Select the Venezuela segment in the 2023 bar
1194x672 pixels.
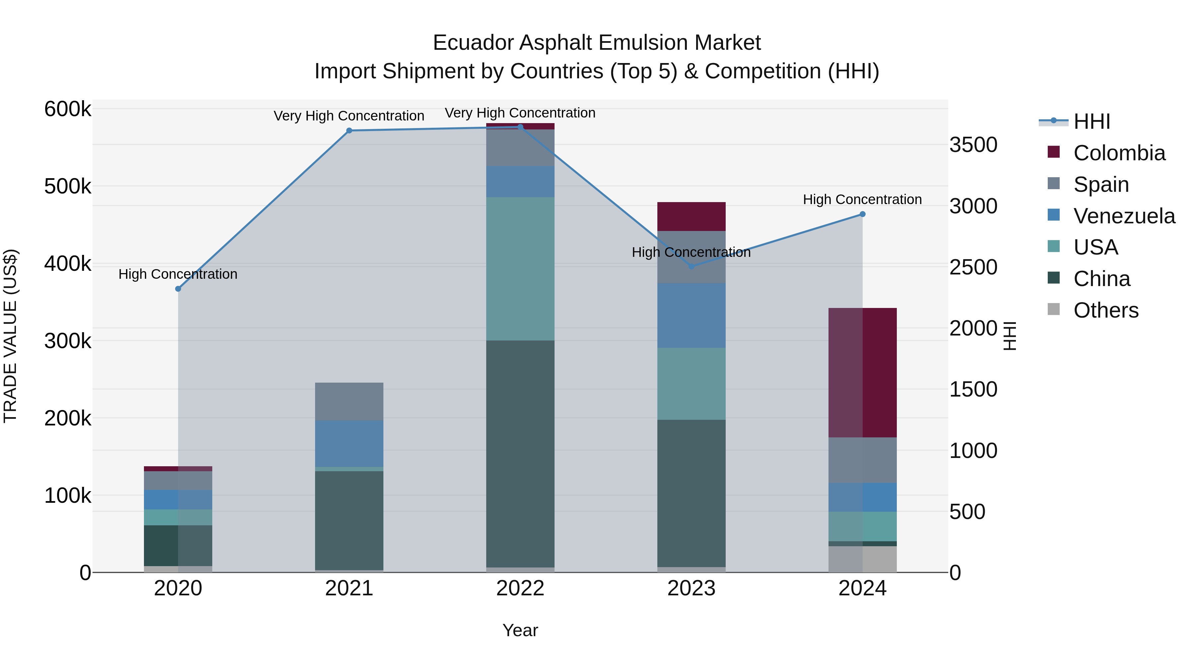(691, 315)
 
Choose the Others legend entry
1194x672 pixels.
(1105, 310)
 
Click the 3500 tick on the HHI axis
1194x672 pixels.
(973, 145)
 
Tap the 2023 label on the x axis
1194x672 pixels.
(691, 588)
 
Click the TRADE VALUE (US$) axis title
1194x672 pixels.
(10, 336)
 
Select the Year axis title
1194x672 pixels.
(520, 630)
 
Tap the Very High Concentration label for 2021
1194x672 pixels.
(349, 116)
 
